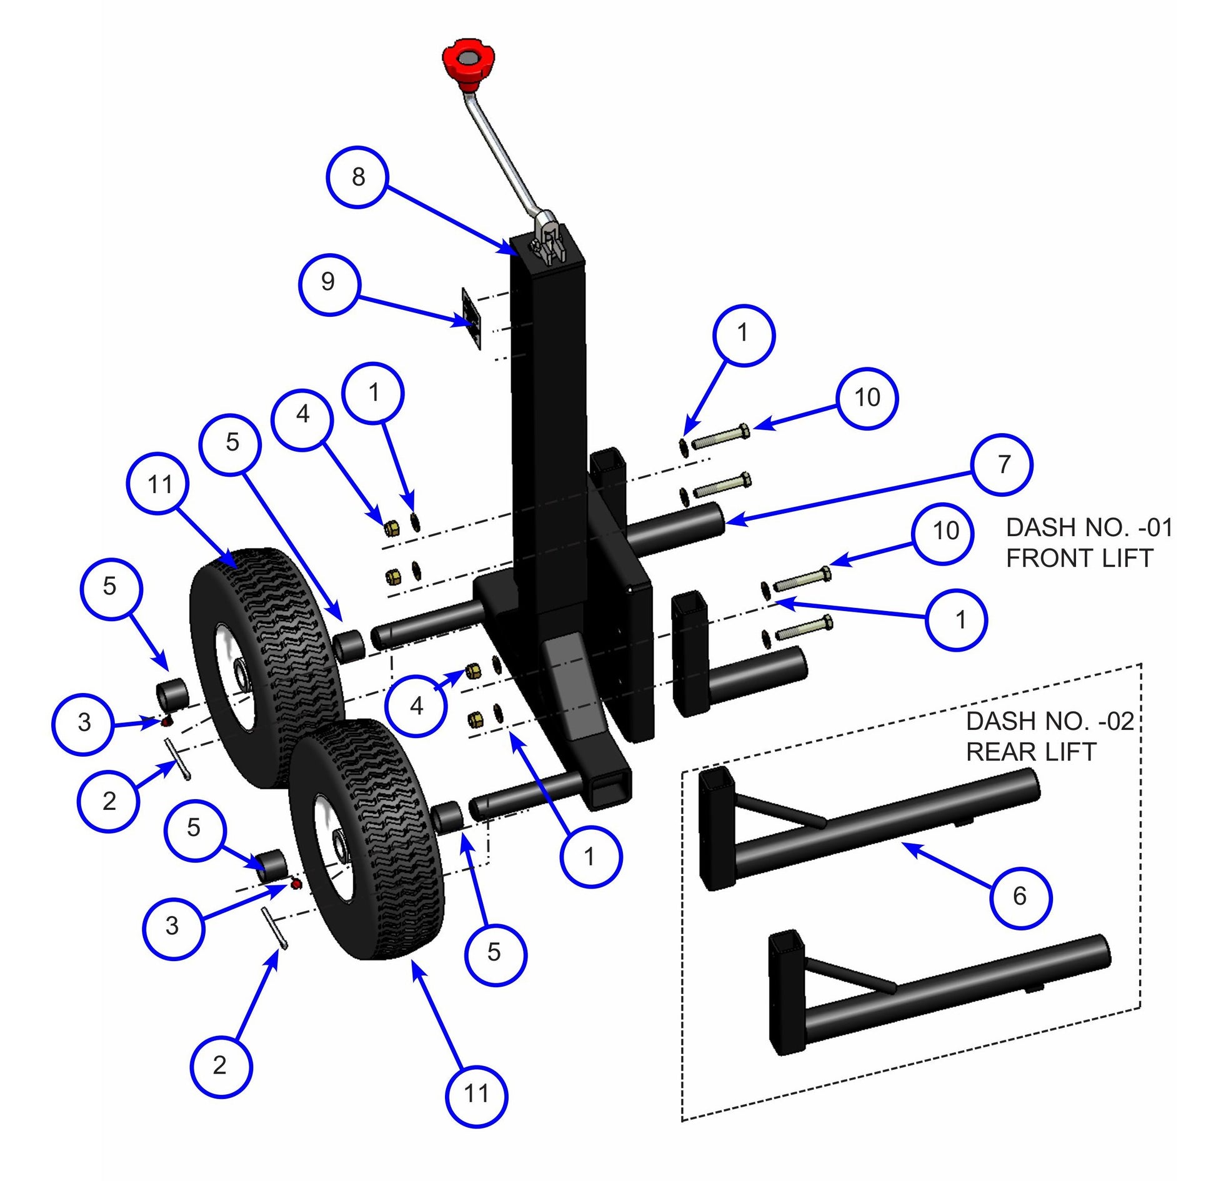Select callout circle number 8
coord(357,177)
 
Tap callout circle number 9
coord(328,282)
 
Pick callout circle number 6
coord(1020,896)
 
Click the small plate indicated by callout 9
coord(471,319)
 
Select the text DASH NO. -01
coord(1089,528)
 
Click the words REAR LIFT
coord(1031,752)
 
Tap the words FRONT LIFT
coord(1079,558)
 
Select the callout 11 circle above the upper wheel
coord(161,484)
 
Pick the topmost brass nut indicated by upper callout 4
coord(392,529)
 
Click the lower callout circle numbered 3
coord(172,925)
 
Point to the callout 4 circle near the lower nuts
coord(416,706)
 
